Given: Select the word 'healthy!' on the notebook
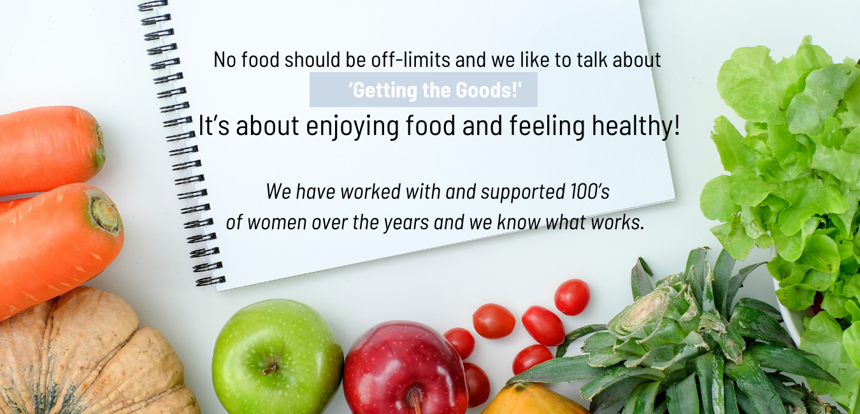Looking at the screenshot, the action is pos(636,125).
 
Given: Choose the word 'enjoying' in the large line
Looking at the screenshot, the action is pos(352,127).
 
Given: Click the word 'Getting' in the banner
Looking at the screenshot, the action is pos(382,90).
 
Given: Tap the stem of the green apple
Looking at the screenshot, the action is pos(270,369).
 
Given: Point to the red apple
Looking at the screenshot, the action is pos(405,368).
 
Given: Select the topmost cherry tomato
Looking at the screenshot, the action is pos(572,297).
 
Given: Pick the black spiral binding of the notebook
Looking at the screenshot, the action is pos(181,142).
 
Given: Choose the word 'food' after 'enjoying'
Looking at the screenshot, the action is pos(430,125).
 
